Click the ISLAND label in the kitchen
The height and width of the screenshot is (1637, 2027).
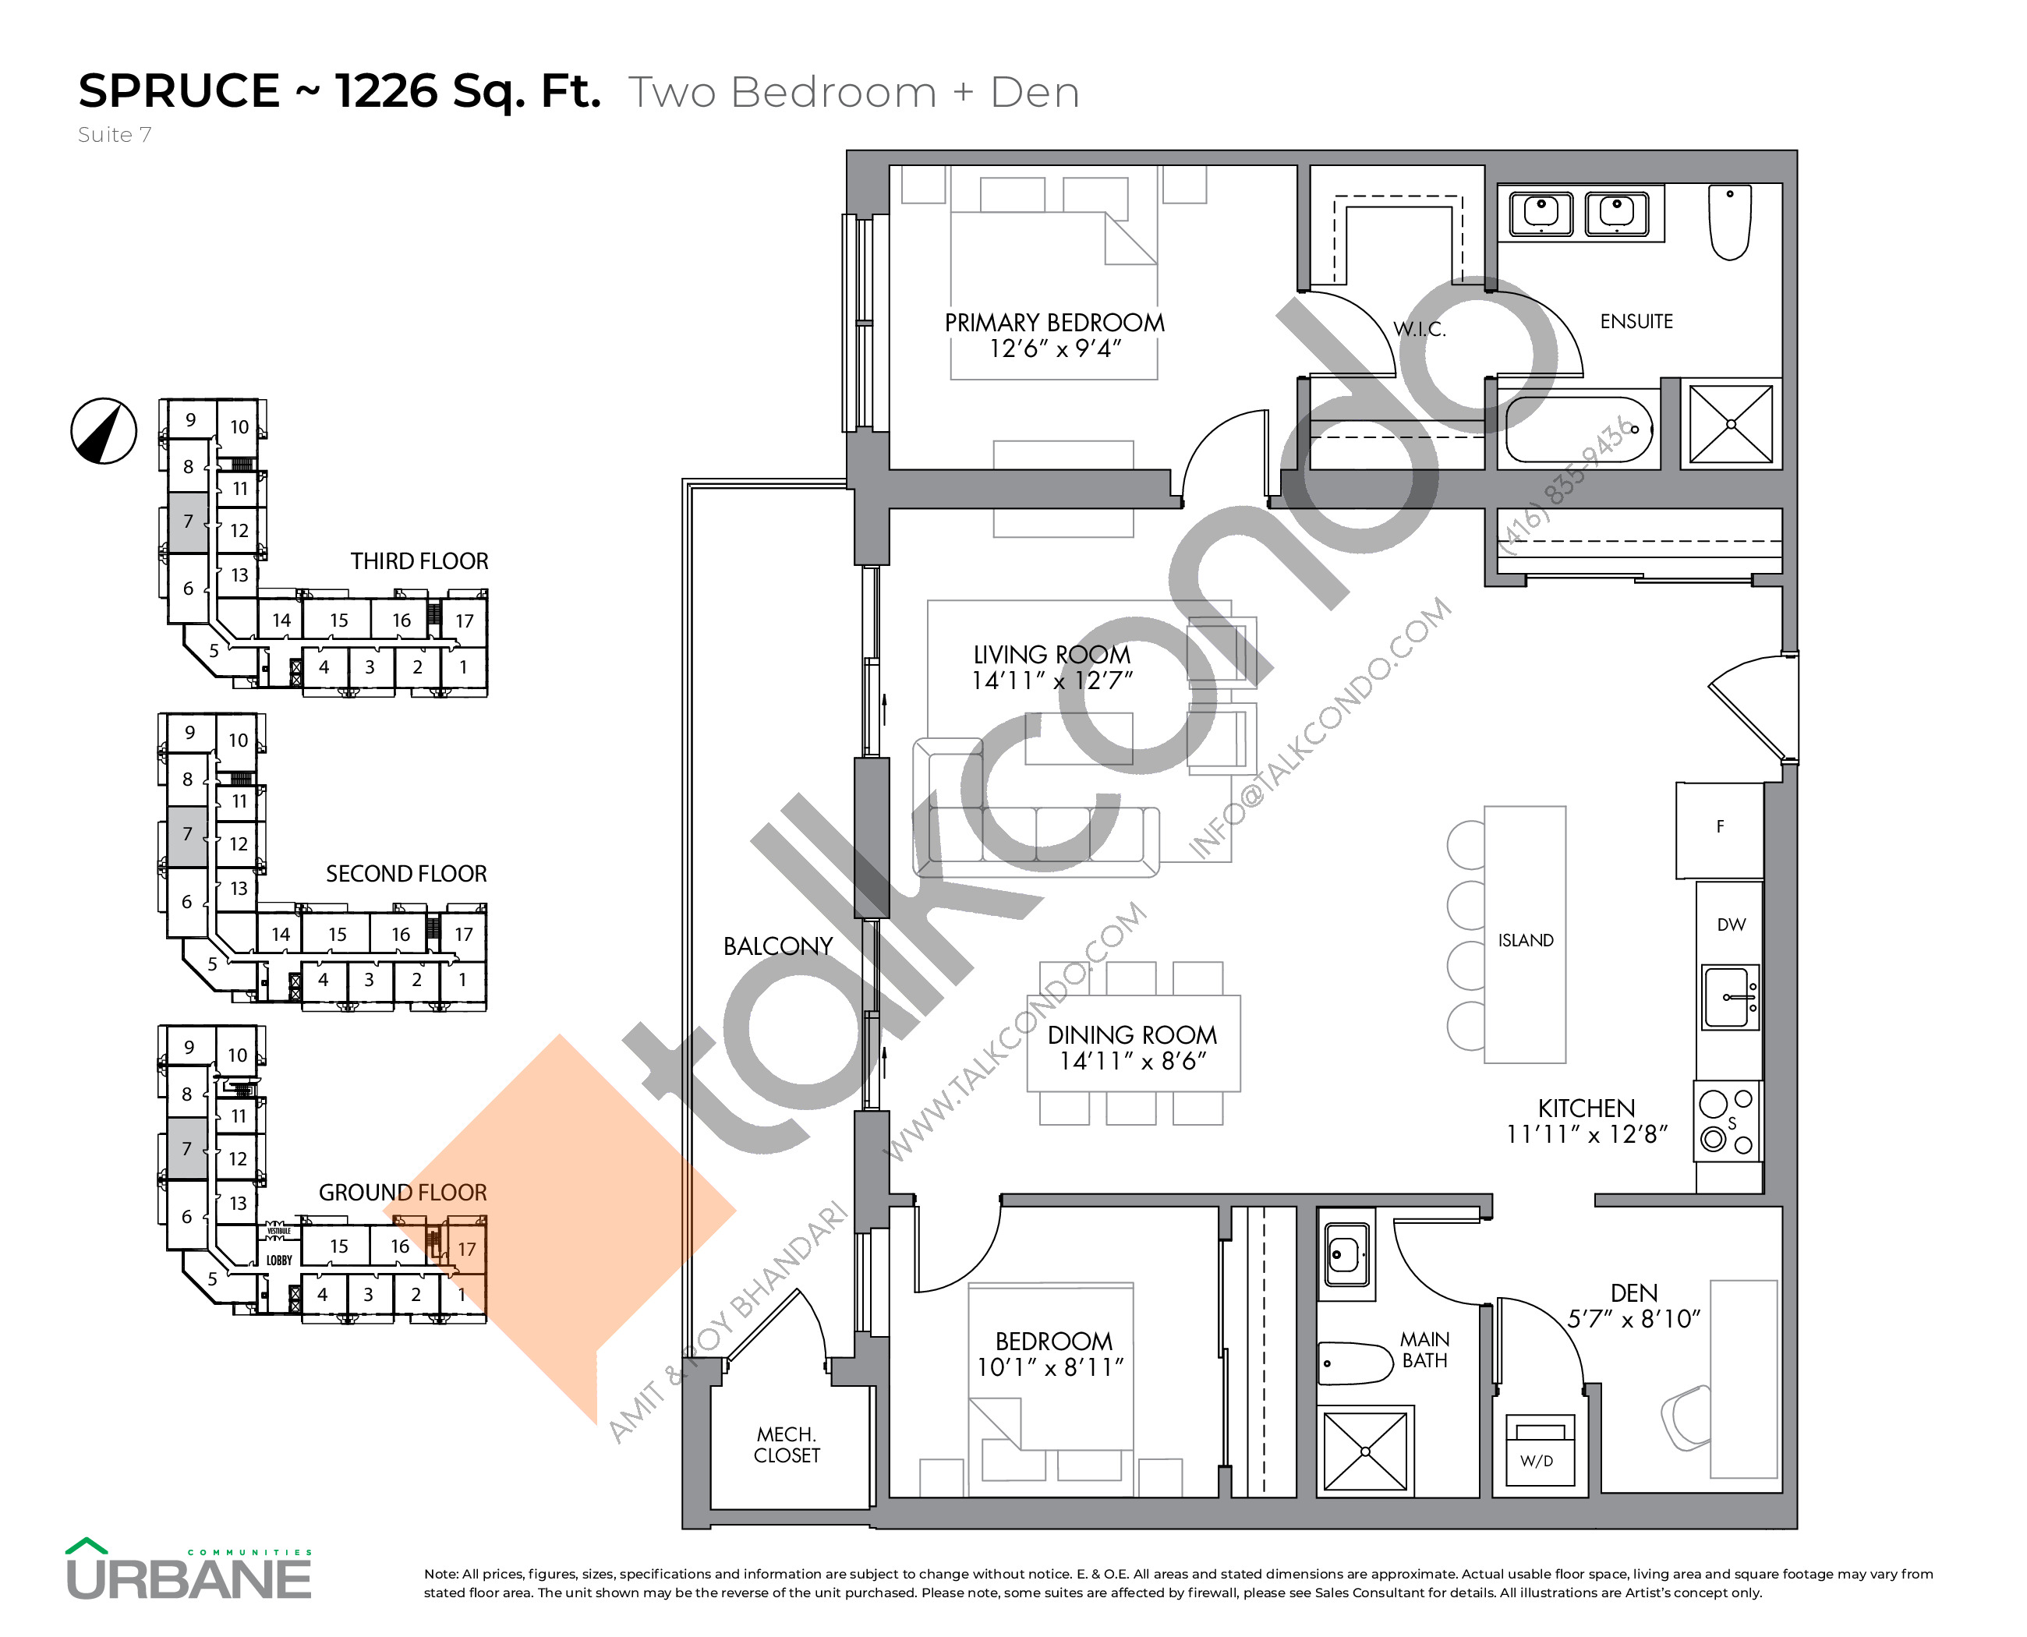click(1525, 940)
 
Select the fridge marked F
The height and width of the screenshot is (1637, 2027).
click(1718, 828)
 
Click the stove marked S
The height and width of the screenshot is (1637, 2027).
click(1728, 1121)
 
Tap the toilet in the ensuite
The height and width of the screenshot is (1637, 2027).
click(1730, 221)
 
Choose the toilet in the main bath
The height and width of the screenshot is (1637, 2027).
click(1353, 1363)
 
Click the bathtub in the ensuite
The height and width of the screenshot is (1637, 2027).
click(1578, 429)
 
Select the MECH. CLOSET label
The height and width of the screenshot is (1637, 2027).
click(787, 1444)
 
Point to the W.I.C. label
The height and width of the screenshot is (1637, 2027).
click(1420, 329)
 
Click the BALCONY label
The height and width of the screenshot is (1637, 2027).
click(778, 947)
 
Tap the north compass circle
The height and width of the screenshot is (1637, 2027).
click(104, 431)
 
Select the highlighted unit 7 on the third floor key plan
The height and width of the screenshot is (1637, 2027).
click(188, 522)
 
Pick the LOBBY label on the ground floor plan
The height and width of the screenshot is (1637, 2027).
click(278, 1260)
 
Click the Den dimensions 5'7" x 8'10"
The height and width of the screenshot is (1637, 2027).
click(1633, 1319)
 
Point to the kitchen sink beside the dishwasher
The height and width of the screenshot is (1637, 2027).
click(1730, 995)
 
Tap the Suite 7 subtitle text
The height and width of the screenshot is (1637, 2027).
click(114, 135)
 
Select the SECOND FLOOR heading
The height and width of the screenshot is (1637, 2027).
click(405, 874)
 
